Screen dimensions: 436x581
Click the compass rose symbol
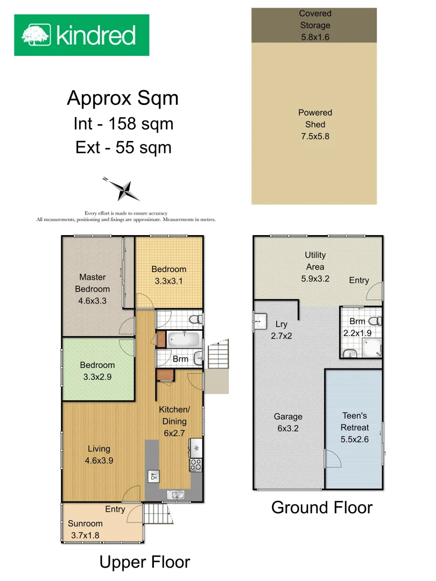pos(124,189)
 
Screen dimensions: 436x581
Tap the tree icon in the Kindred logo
pos(36,35)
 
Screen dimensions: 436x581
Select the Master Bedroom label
pos(93,283)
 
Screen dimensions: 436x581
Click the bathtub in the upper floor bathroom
pos(184,339)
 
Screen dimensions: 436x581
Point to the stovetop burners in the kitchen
pos(196,465)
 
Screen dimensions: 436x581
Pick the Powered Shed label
pos(315,118)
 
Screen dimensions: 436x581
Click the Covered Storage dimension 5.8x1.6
pos(315,37)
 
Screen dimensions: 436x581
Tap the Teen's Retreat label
pos(355,421)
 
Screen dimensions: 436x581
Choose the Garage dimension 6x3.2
pos(288,428)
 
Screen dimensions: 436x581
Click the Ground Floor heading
pos(322,507)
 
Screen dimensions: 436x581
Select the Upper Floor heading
pos(145,562)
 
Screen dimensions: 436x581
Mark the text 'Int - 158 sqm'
pos(123,124)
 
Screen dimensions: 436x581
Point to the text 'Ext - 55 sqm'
pos(123,147)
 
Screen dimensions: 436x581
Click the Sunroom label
pos(85,523)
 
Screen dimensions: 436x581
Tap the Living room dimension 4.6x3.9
pos(99,460)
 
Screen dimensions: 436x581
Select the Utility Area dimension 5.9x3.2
pos(315,279)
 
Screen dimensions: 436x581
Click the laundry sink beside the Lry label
pos(261,321)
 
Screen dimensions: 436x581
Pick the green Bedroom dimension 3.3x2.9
pos(97,377)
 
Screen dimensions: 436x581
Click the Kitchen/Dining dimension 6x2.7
pos(174,433)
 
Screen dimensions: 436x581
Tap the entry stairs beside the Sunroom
pos(156,514)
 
